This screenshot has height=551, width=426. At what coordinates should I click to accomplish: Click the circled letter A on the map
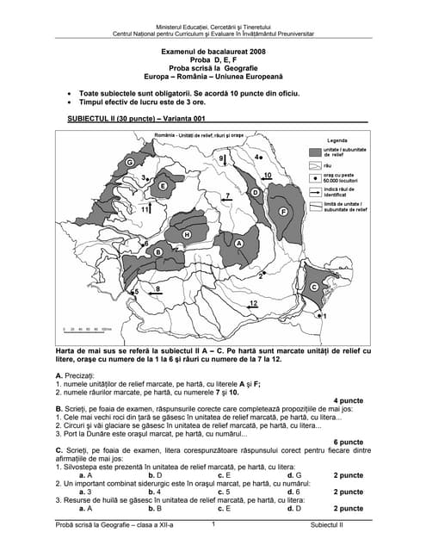[239, 244]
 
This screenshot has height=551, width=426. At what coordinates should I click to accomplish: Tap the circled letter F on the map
[282, 211]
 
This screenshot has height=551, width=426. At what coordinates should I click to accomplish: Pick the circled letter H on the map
[187, 235]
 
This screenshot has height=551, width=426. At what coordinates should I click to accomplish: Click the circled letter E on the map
[163, 185]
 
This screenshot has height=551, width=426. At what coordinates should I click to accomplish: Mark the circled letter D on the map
[255, 193]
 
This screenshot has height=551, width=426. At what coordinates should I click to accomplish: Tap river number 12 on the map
[252, 304]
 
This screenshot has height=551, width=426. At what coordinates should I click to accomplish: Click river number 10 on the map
[268, 176]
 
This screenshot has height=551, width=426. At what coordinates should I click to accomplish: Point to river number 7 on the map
[227, 196]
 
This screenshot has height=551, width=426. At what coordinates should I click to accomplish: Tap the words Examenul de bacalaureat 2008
[213, 52]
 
